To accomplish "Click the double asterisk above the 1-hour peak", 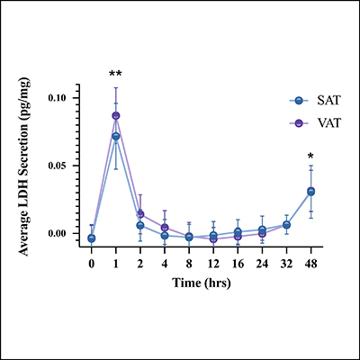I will [115, 74].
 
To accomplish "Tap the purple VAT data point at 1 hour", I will [116, 115].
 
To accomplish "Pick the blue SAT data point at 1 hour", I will [116, 137].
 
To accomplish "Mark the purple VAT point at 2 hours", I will [140, 214].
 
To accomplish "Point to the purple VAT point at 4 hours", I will [165, 228].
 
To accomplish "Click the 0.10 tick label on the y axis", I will [67, 96].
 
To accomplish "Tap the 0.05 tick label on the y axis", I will [67, 166].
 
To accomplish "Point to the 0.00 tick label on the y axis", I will [67, 234].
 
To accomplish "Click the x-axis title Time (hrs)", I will [201, 283].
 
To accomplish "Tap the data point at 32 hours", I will [286, 225].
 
